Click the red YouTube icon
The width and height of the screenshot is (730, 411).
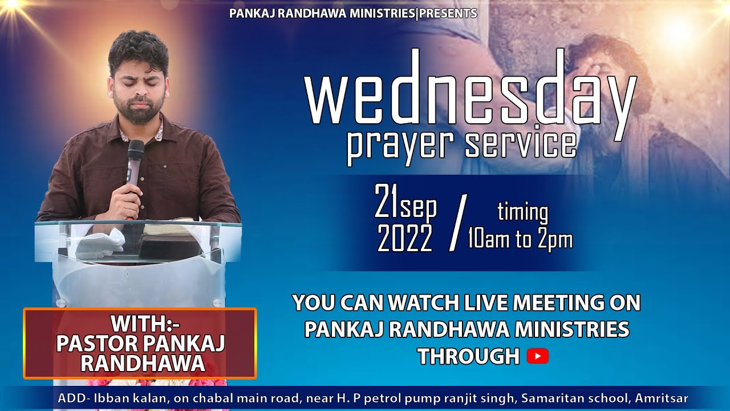point(537,357)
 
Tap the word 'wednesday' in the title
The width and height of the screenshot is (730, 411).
point(471,95)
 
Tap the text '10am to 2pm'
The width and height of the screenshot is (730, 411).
point(520,239)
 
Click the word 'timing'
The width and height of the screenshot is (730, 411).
point(522,212)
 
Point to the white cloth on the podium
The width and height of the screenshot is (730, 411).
point(102,242)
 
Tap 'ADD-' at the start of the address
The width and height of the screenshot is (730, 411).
point(71,398)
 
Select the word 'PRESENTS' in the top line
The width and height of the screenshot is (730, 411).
point(448,13)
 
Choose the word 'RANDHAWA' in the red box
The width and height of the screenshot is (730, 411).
point(143,364)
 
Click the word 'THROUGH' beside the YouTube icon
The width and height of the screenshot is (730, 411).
point(468,357)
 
